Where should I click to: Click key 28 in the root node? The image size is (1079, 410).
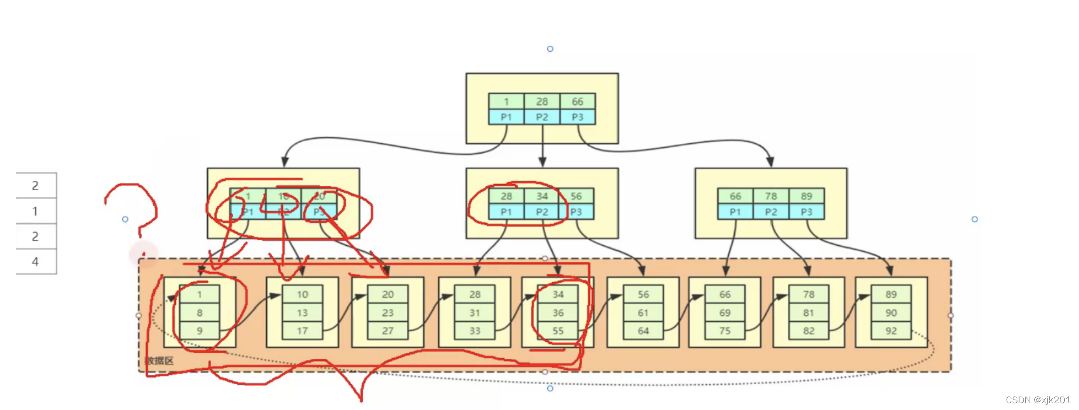pyautogui.click(x=542, y=101)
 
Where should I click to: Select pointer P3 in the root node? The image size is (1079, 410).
pyautogui.click(x=577, y=117)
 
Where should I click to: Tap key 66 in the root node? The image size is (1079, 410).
pyautogui.click(x=577, y=101)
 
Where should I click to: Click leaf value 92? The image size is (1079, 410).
pyautogui.click(x=891, y=331)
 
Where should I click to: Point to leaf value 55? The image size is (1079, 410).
pyautogui.click(x=558, y=331)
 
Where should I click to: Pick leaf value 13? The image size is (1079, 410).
pyautogui.click(x=302, y=313)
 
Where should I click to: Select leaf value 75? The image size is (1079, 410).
pyautogui.click(x=724, y=331)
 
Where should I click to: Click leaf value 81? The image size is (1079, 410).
pyautogui.click(x=808, y=313)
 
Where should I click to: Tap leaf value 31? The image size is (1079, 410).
pyautogui.click(x=475, y=313)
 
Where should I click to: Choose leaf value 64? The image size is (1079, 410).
pyautogui.click(x=643, y=331)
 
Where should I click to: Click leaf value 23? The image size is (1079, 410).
pyautogui.click(x=388, y=313)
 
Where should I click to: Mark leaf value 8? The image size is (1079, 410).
pyautogui.click(x=199, y=313)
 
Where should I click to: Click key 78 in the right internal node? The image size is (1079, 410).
pyautogui.click(x=770, y=196)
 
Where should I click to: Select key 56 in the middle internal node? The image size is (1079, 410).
pyautogui.click(x=576, y=196)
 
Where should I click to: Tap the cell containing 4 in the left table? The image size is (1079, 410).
pyautogui.click(x=35, y=261)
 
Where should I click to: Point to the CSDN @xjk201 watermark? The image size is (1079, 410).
pyautogui.click(x=1038, y=400)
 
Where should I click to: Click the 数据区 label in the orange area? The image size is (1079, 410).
pyautogui.click(x=160, y=360)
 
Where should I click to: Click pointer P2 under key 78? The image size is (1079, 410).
pyautogui.click(x=770, y=212)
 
